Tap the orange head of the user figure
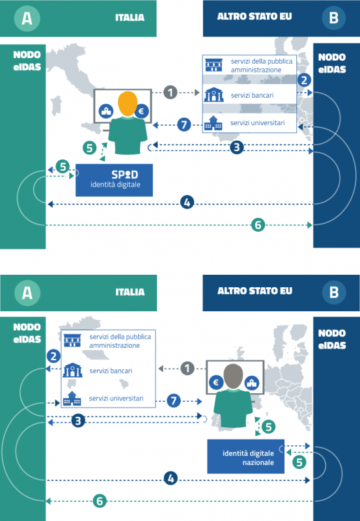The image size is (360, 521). pyautogui.click(x=128, y=104)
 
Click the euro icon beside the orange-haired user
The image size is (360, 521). pyautogui.click(x=140, y=111)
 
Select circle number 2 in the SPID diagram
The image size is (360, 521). pyautogui.click(x=303, y=80)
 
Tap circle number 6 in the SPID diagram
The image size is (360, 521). pyautogui.click(x=258, y=225)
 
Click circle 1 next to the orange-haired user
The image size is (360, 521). pyautogui.click(x=170, y=92)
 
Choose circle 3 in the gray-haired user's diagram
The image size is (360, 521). pyautogui.click(x=78, y=420)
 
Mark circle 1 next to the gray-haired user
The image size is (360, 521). pyautogui.click(x=187, y=369)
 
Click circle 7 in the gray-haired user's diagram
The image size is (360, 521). pyautogui.click(x=173, y=400)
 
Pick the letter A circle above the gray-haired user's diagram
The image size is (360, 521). pyautogui.click(x=27, y=292)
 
